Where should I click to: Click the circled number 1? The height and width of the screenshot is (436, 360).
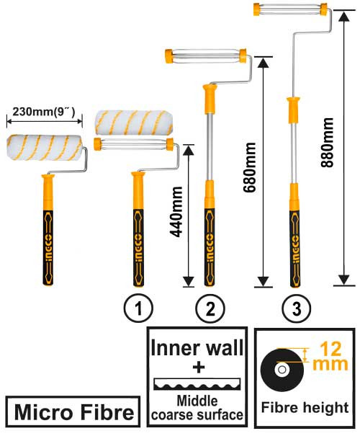point(138,309)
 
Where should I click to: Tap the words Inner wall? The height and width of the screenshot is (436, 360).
point(196,349)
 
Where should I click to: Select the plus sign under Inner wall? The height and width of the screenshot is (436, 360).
point(196,368)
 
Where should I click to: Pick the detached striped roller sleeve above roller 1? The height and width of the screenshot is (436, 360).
point(135,118)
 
